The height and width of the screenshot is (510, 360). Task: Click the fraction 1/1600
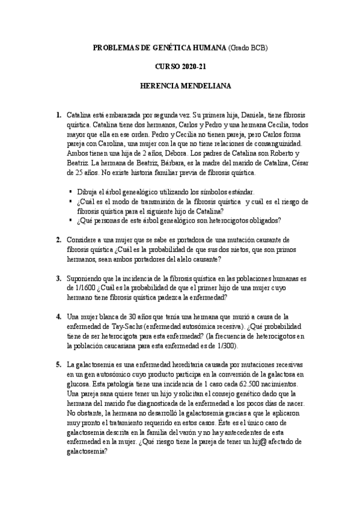[83, 288]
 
